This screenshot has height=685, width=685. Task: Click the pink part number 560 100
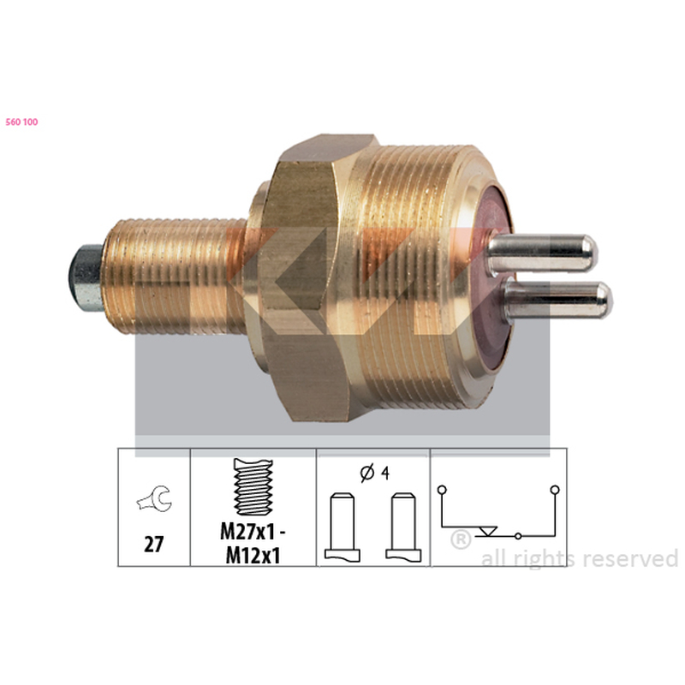click(22, 122)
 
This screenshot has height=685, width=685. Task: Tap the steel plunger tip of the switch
click(85, 277)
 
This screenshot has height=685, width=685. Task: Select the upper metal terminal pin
click(542, 253)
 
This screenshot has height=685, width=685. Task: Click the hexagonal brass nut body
click(306, 280)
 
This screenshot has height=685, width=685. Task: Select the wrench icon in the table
click(155, 499)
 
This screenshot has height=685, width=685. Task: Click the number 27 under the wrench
click(154, 545)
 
